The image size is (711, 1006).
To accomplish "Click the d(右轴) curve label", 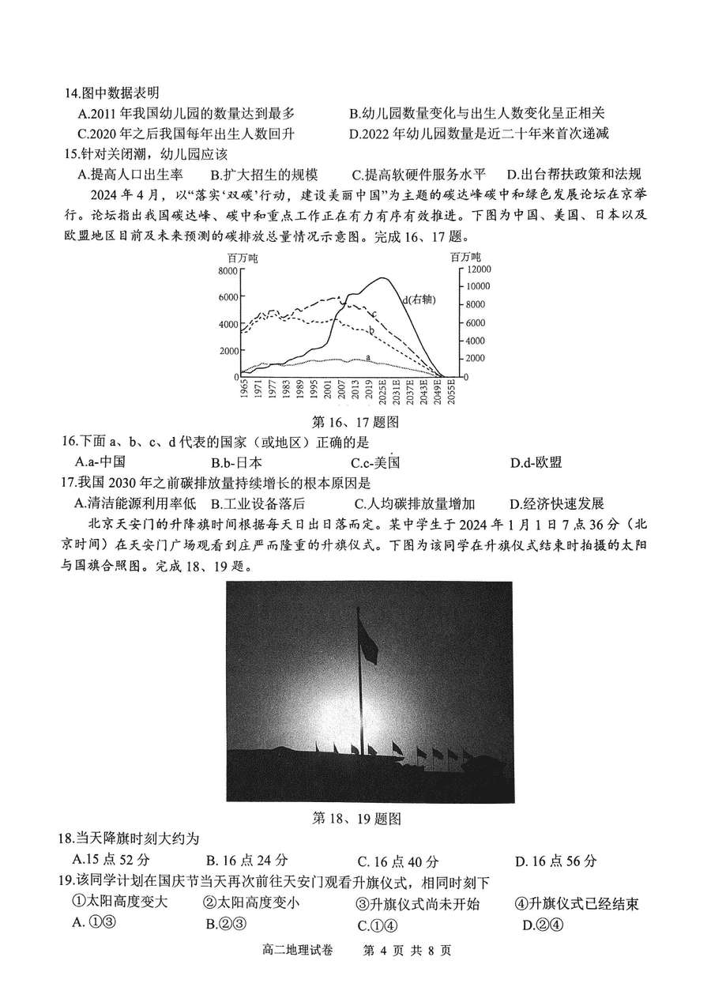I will click(x=419, y=300).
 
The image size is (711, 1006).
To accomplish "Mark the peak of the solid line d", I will click(x=382, y=278).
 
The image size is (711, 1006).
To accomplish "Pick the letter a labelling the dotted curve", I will click(x=367, y=358).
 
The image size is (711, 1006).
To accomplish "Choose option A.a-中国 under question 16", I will click(x=101, y=462).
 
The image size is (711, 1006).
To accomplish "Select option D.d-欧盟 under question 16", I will click(x=536, y=462).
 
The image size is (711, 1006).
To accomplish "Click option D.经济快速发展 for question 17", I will click(x=557, y=503).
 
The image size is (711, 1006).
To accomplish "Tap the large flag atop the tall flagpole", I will click(x=367, y=640).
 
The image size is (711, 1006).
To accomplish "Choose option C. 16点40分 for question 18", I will click(x=398, y=861).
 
